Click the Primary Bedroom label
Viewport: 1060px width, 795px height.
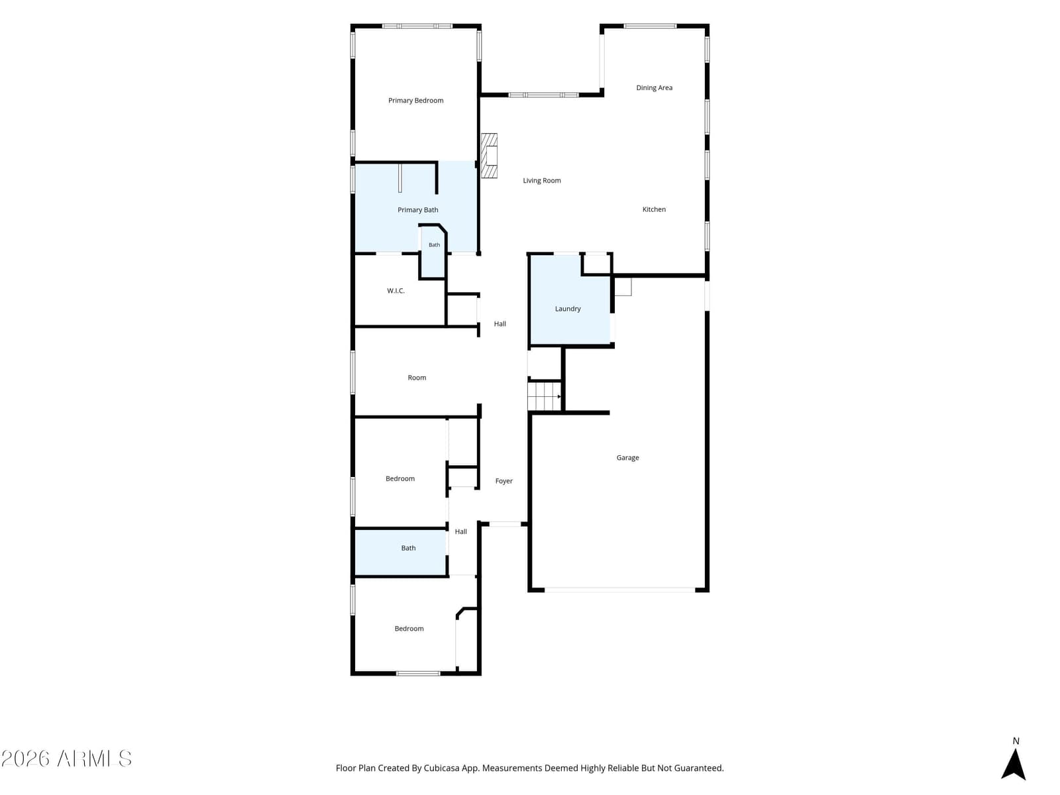(x=415, y=101)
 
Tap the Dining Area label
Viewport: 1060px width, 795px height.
(x=654, y=88)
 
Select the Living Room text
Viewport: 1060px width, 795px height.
(x=541, y=180)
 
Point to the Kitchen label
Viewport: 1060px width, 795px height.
(x=653, y=209)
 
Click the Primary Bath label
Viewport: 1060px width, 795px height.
(x=417, y=210)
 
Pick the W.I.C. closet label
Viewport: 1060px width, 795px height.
(x=396, y=291)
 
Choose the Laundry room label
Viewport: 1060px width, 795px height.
(x=567, y=309)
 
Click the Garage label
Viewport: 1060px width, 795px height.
(x=627, y=458)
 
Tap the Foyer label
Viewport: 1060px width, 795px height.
(x=503, y=481)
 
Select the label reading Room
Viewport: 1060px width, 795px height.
(x=416, y=378)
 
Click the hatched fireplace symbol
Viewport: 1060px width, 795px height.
(x=489, y=156)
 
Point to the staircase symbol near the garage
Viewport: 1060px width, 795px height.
(x=545, y=396)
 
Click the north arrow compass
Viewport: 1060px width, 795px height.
(x=1013, y=765)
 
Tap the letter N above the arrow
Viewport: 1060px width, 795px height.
(x=1016, y=741)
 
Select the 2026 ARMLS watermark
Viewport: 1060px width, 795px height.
(x=66, y=759)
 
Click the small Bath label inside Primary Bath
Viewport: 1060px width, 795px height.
(x=434, y=244)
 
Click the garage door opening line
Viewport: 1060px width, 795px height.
(x=619, y=590)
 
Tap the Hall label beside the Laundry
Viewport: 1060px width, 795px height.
(x=500, y=324)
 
